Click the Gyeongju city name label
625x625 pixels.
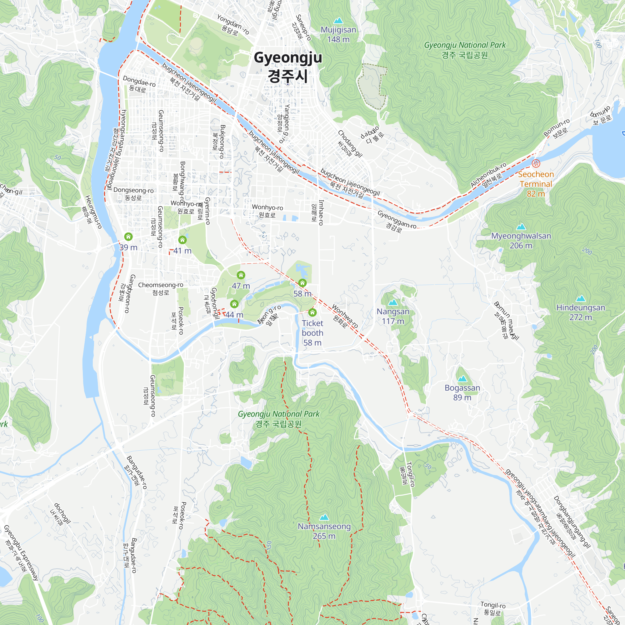[x=287, y=66]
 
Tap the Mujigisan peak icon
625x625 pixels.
[x=338, y=21]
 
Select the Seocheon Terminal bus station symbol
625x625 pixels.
[x=536, y=163]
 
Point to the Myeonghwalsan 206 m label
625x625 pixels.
[x=521, y=241]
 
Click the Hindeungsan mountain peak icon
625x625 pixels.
[x=581, y=298]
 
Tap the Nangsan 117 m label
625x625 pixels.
[x=393, y=316]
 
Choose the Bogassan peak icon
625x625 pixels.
[x=462, y=378]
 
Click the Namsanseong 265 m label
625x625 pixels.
[x=324, y=531]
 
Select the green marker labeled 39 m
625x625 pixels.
[x=128, y=237]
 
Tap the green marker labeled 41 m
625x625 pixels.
[x=182, y=240]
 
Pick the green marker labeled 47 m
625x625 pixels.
[x=241, y=275]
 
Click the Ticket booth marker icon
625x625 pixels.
[x=312, y=312]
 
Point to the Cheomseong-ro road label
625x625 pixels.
[x=161, y=288]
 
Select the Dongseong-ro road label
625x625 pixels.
[x=133, y=194]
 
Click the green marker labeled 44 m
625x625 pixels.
[x=234, y=304]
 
